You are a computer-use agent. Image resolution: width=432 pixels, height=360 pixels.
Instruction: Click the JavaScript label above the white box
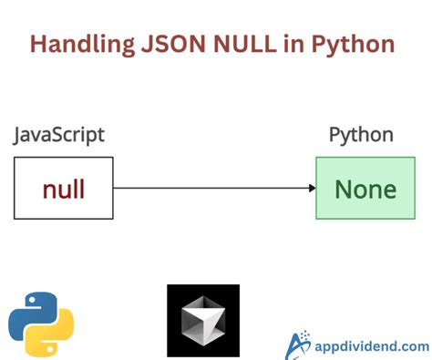(x=58, y=136)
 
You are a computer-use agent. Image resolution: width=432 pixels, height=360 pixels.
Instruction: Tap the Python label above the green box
(x=361, y=136)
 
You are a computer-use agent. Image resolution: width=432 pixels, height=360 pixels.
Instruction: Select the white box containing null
(x=64, y=189)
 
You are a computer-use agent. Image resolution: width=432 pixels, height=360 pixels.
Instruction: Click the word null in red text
(x=64, y=190)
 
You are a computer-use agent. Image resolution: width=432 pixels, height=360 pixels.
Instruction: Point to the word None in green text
(x=365, y=190)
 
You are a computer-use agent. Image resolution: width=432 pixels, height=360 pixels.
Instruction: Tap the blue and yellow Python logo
(x=41, y=322)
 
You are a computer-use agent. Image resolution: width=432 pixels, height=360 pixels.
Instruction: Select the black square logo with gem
(x=202, y=321)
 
